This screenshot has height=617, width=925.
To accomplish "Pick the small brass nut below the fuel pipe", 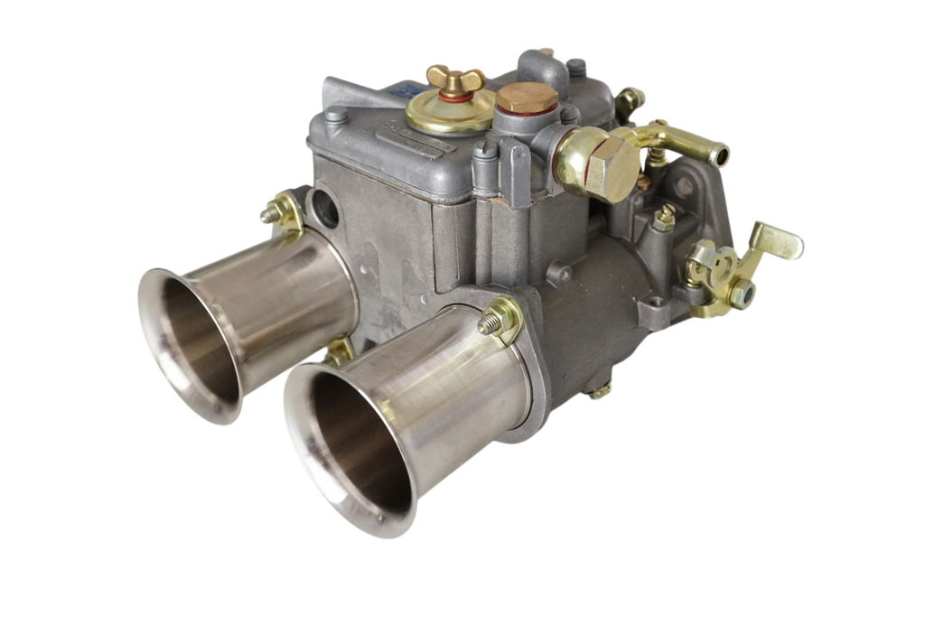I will point(666,216).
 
